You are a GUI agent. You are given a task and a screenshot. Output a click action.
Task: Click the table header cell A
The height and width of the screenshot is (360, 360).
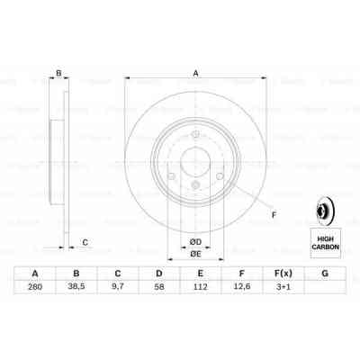click(35, 274)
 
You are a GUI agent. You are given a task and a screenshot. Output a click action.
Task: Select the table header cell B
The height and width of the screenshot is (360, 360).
click(76, 274)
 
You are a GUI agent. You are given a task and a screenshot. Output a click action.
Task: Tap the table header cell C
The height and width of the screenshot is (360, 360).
click(118, 274)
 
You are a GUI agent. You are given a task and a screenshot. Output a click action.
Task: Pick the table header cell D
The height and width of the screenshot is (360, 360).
click(159, 274)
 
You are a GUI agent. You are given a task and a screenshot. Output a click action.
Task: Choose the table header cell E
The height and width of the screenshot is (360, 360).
click(200, 274)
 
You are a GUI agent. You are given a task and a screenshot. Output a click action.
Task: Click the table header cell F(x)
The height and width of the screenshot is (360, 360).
click(283, 274)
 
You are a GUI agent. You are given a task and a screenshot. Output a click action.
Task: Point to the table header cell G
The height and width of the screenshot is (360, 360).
click(324, 274)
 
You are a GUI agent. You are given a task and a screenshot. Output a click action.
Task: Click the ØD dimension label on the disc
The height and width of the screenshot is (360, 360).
click(194, 241)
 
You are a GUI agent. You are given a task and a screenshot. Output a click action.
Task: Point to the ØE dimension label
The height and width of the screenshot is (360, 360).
click(194, 255)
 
